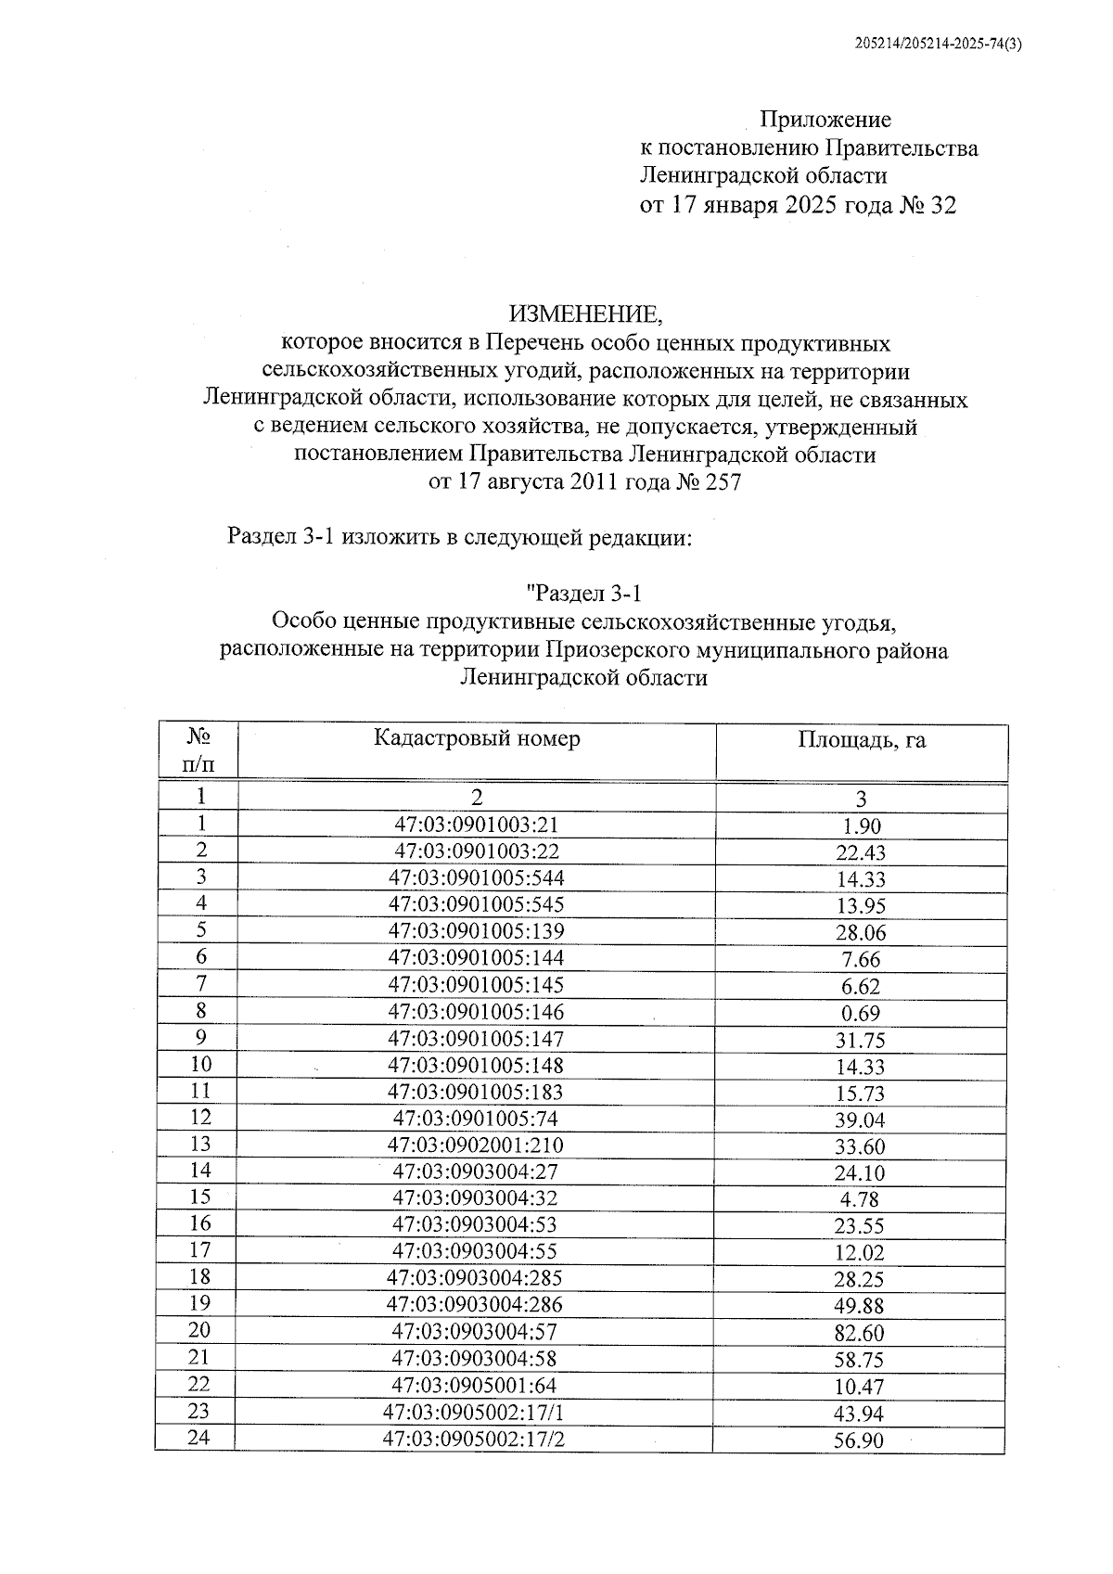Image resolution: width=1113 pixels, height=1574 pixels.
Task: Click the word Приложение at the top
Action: (x=825, y=120)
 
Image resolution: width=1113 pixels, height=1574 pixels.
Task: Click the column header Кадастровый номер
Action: (x=477, y=738)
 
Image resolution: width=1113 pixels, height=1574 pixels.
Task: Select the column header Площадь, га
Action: (x=861, y=740)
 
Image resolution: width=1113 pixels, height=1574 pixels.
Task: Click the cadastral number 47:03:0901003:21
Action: (x=477, y=825)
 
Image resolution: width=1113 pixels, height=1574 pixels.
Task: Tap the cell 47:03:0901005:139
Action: (x=476, y=931)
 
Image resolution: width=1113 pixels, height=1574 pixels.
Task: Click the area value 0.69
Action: (x=860, y=1014)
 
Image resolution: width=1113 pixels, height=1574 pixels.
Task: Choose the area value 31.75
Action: (x=860, y=1041)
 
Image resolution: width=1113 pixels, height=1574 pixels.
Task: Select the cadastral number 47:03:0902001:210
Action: (x=475, y=1145)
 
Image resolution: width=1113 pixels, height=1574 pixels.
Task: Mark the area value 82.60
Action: (x=860, y=1334)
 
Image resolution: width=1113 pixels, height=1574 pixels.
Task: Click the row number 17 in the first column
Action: (x=199, y=1250)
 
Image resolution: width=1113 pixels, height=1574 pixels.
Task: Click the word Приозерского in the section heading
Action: (x=619, y=650)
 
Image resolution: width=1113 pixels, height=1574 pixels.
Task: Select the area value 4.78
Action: (x=860, y=1199)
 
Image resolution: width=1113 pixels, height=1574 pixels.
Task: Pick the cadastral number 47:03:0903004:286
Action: (x=475, y=1304)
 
